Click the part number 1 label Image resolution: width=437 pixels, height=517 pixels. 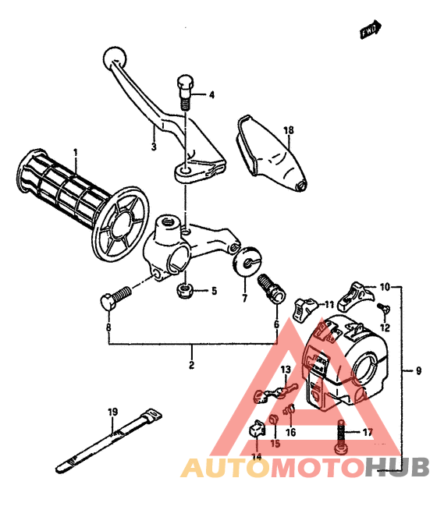click(76, 152)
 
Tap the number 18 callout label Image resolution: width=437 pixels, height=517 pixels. click(289, 130)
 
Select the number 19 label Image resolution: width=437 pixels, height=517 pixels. click(112, 412)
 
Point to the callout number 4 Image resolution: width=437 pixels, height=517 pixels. click(211, 96)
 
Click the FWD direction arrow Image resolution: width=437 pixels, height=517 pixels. click(371, 29)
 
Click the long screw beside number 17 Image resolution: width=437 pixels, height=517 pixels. click(342, 434)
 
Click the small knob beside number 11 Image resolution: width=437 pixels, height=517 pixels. click(304, 305)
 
